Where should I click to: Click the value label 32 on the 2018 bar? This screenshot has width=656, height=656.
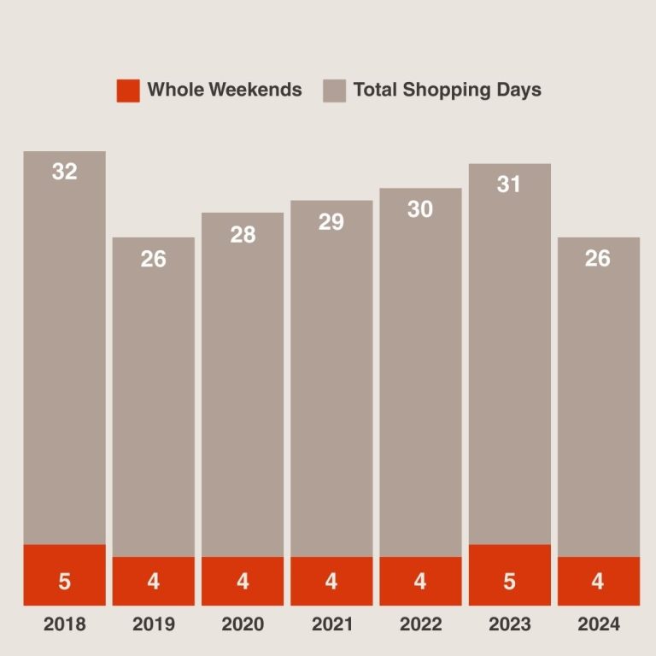[x=64, y=172]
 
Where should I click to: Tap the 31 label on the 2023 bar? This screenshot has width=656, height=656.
[x=509, y=184]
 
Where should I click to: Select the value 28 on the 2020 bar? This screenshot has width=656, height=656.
[x=243, y=234]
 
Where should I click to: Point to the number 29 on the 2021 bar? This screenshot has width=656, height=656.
[x=331, y=222]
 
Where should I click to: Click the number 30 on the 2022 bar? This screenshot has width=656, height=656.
[x=420, y=209]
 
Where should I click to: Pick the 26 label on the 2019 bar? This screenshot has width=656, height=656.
[x=154, y=259]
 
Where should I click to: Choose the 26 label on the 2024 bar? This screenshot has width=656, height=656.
[x=598, y=258]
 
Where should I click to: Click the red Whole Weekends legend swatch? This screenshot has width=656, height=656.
[x=128, y=90]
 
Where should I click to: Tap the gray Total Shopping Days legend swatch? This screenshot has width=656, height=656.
[x=334, y=90]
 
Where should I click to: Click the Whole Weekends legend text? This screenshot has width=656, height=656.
[x=225, y=90]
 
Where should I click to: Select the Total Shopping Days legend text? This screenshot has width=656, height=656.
[x=447, y=90]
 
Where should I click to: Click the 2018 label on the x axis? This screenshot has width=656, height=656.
[x=64, y=624]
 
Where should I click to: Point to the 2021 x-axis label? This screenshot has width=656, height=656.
[x=331, y=624]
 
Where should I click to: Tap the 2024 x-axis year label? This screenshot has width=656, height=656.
[x=598, y=624]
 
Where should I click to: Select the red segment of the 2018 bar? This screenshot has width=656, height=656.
[x=64, y=574]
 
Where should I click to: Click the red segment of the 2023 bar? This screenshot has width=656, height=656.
[x=509, y=574]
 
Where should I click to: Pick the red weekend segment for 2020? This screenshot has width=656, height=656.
[x=243, y=581]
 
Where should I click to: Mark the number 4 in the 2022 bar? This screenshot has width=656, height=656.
[x=420, y=582]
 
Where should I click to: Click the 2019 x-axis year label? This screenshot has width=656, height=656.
[x=154, y=624]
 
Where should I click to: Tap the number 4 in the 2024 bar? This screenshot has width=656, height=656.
[x=598, y=582]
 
